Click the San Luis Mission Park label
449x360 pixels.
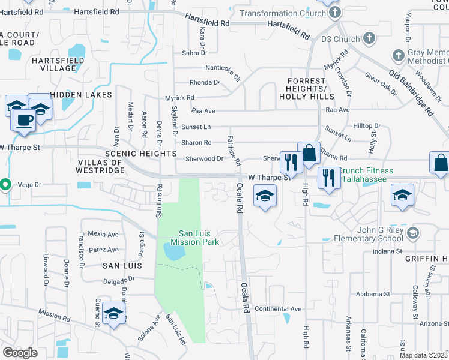[199, 238]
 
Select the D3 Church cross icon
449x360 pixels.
[369, 38]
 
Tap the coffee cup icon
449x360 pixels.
[24, 119]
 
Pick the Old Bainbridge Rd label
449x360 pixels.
[411, 92]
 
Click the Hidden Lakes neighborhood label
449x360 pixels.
[81, 95]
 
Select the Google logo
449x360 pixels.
[20, 352]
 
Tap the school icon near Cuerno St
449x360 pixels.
[113, 313]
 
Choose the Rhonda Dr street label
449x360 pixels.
[205, 82]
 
